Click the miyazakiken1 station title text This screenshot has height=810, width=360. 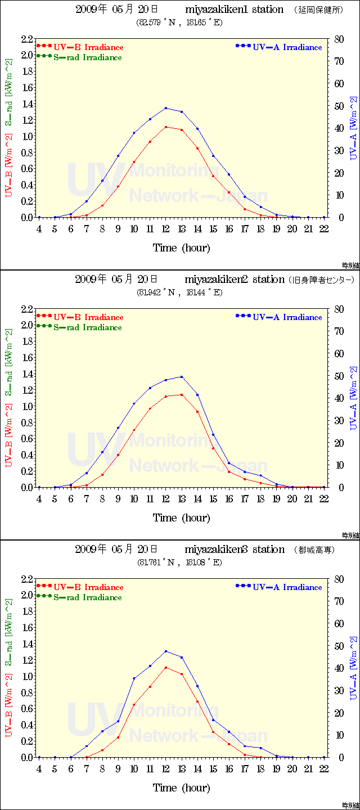234,10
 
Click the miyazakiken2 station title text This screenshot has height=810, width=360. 234,280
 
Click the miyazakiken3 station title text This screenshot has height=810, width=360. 234,550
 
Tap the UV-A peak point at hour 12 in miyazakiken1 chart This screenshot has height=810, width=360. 166,108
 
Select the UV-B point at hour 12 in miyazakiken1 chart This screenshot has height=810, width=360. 166,127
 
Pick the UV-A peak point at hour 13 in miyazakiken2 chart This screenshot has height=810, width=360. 182,377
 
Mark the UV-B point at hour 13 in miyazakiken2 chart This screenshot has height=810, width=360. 182,395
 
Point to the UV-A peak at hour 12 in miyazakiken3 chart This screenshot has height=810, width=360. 166,651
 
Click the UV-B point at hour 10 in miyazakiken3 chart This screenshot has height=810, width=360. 134,704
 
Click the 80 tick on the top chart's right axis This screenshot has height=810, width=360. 339,39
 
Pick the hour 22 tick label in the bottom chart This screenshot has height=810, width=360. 324,768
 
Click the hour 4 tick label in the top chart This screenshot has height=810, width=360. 39,228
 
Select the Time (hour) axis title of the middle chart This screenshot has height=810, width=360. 181,517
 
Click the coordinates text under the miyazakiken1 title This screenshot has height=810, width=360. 179,22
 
